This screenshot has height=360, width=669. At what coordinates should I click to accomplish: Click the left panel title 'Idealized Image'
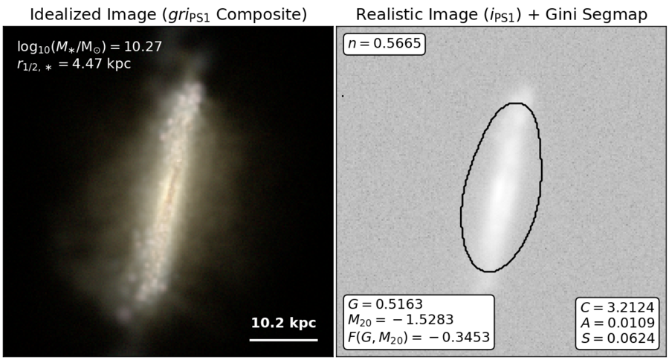pos(94,15)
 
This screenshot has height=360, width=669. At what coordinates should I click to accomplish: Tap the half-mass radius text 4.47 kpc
pos(101,64)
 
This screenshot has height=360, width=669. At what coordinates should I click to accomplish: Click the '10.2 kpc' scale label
pos(283,323)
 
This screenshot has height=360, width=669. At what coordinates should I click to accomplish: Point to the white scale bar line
pos(283,340)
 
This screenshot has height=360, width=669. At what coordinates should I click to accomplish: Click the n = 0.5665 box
pos(384,44)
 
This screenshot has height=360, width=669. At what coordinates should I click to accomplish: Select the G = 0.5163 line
pos(385,304)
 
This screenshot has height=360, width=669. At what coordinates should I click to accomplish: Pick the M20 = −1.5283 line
pos(401,320)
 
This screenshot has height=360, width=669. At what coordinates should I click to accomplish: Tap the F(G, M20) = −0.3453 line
pos(418,337)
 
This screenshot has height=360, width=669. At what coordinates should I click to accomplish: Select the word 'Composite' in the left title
pos(262,15)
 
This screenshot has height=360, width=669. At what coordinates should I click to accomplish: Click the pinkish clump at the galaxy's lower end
pos(124,314)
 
